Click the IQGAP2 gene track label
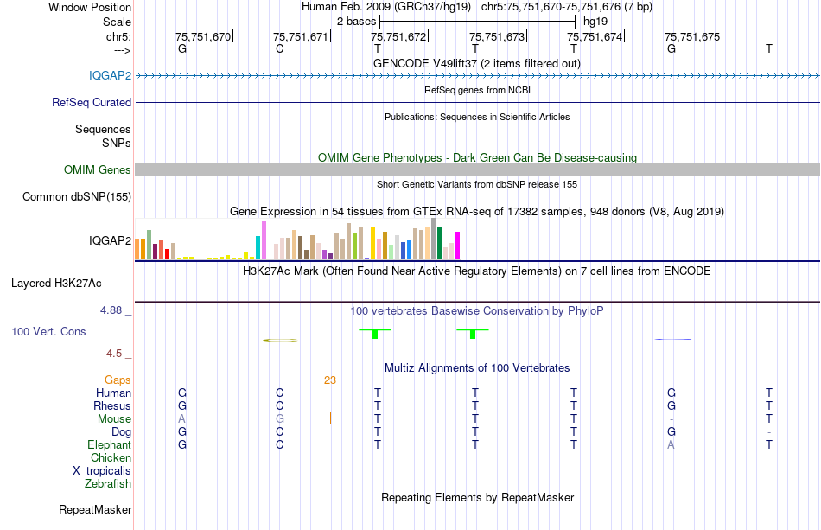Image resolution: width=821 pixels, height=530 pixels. (110, 75)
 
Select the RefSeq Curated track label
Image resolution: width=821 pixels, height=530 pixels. (92, 102)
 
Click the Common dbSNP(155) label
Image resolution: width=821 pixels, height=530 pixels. (76, 196)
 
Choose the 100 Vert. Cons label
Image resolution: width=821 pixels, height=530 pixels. (48, 331)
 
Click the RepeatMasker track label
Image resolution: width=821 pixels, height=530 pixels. (94, 510)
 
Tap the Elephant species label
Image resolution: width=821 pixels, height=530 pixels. (109, 444)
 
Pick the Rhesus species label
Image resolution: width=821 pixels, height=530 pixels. (112, 405)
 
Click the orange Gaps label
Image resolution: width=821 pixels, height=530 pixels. (118, 380)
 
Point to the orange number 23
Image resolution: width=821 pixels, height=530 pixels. (330, 380)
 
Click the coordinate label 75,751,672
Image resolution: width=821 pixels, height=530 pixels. (398, 37)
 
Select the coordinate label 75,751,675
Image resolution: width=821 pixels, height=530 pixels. (692, 37)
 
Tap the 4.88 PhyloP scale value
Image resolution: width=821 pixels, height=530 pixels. (112, 310)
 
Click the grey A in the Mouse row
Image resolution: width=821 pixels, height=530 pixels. (181, 418)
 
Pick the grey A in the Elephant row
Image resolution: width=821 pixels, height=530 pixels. (671, 444)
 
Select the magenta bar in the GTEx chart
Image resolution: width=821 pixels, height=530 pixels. (457, 246)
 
